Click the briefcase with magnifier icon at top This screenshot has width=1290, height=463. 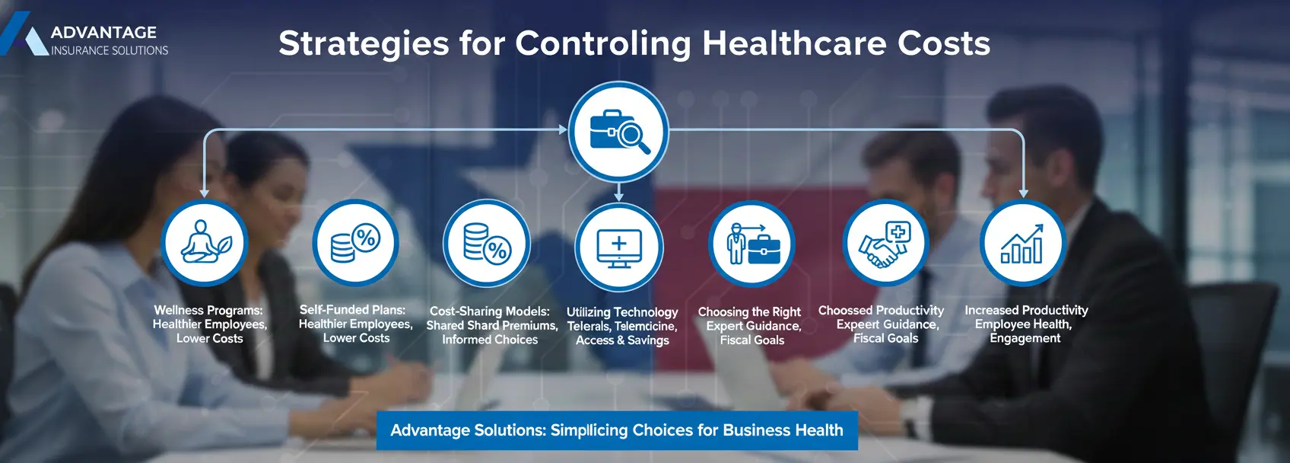tap(618, 132)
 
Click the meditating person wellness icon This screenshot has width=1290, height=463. tap(205, 243)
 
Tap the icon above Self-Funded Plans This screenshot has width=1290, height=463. tap(356, 243)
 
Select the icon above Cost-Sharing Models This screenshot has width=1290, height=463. tap(487, 244)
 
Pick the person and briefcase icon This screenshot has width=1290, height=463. tap(751, 244)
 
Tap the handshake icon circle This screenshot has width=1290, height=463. tap(885, 243)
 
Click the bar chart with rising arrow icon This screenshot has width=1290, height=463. tap(1022, 243)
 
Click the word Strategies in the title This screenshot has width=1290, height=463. tap(364, 44)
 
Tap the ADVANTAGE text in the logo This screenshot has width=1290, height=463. tap(103, 32)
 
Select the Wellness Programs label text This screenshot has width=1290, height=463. tap(208, 311)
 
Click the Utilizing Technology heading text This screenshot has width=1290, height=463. tap(622, 312)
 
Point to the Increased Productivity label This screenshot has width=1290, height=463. tap(1026, 311)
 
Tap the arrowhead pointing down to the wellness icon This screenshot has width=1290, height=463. tap(204, 194)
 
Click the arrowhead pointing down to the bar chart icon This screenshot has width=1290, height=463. tap(1023, 194)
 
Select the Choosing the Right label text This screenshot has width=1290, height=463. tap(749, 312)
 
